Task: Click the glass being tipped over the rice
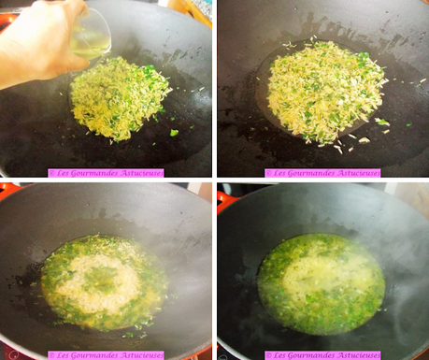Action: point(91,36)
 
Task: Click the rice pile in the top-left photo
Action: point(120,97)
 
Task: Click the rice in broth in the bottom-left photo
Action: point(102,281)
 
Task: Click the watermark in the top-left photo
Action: point(106,173)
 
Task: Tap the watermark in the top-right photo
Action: point(322,173)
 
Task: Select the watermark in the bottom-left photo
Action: point(106,355)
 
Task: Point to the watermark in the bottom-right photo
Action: point(322,355)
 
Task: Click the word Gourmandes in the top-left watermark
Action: point(96,173)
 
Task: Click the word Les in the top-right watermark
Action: point(280,173)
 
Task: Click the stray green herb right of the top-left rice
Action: point(174,133)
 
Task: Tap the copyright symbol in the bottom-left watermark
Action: point(52,355)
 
